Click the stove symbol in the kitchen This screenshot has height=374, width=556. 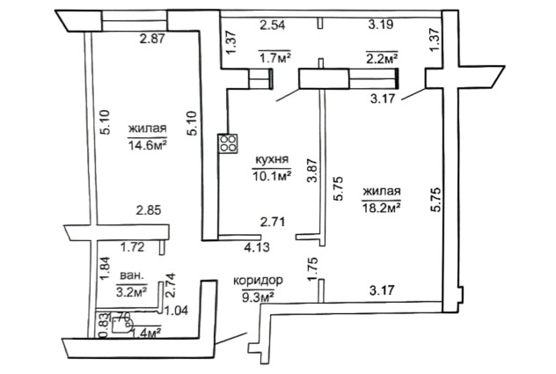click(x=229, y=143)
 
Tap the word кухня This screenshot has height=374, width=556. click(x=272, y=159)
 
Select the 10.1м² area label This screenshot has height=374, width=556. click(x=272, y=175)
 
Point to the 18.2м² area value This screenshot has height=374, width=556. click(x=382, y=208)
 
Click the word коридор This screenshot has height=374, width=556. click(x=258, y=280)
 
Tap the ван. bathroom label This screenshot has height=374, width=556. click(x=130, y=275)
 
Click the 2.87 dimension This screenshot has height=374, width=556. click(x=153, y=39)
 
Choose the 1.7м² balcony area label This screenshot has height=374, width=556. click(x=274, y=58)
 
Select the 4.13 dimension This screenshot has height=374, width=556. click(x=256, y=248)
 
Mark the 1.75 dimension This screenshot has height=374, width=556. click(x=311, y=267)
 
